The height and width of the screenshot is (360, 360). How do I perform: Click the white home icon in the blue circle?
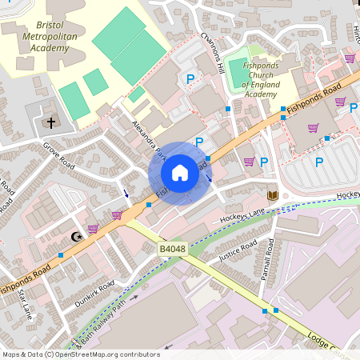coord(180,173)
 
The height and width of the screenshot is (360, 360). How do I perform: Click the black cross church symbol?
coord(52,122)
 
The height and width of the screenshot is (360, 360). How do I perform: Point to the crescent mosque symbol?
coord(77,237)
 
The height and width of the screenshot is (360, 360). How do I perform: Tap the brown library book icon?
coord(272,196)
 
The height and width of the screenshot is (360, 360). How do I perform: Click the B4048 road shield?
coord(173,250)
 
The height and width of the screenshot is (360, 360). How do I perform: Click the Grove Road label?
coord(58,156)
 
